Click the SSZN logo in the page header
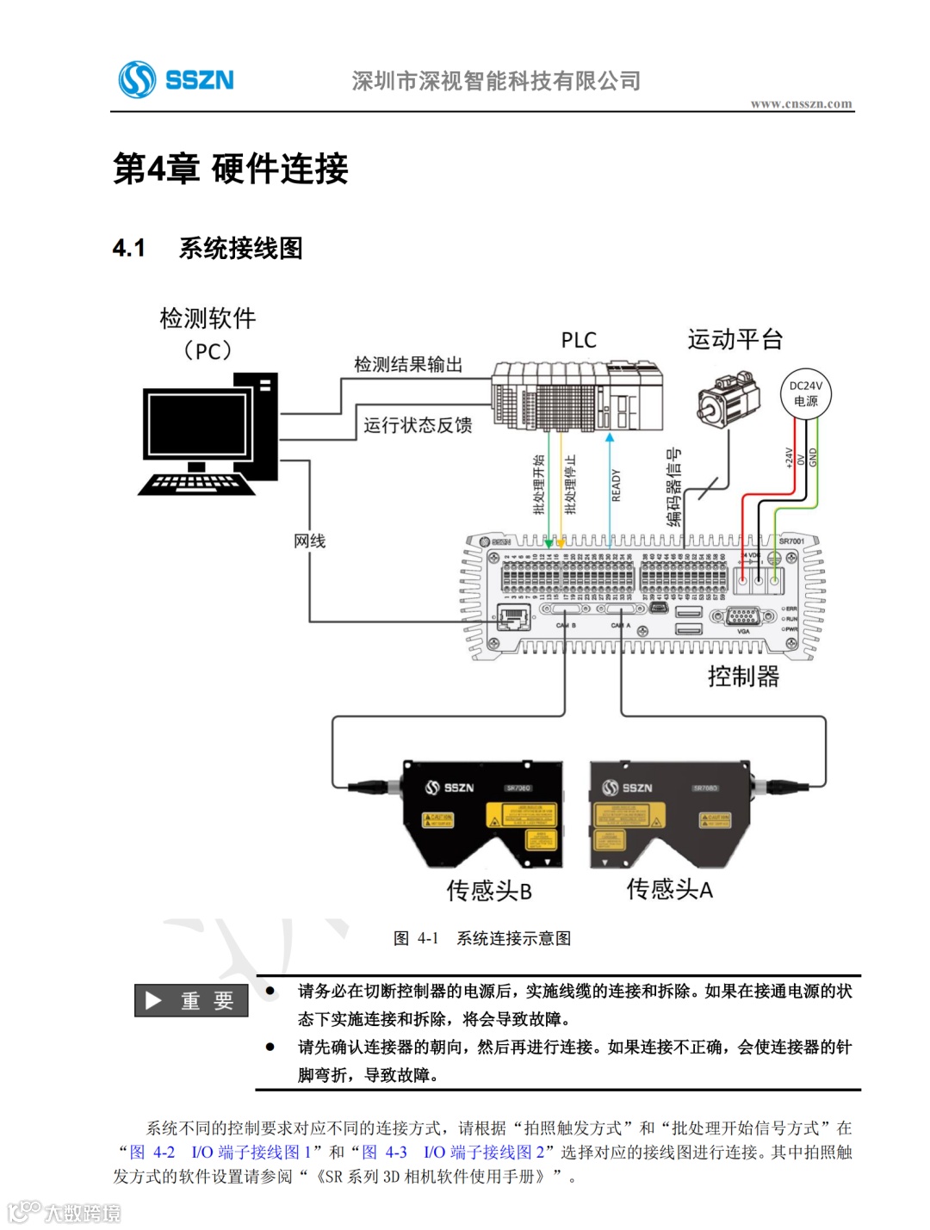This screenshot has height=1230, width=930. pyautogui.click(x=177, y=80)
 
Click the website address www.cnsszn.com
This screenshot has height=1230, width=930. pyautogui.click(x=801, y=104)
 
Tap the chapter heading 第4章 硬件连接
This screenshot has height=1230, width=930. pyautogui.click(x=231, y=169)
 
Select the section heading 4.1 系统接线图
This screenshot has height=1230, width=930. pyautogui.click(x=208, y=249)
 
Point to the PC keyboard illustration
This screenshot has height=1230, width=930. pyautogui.click(x=196, y=485)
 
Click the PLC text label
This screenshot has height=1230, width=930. pyautogui.click(x=579, y=341)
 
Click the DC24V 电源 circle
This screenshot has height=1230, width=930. pyautogui.click(x=806, y=393)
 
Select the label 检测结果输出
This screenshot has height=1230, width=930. pyautogui.click(x=408, y=365)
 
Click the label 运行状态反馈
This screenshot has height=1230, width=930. pyautogui.click(x=418, y=425)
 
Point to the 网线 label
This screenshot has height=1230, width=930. pyautogui.click(x=310, y=541)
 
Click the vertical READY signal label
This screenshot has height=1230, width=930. pyautogui.click(x=616, y=485)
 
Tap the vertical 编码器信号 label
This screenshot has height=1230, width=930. pyautogui.click(x=673, y=487)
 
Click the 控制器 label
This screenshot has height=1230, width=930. pyautogui.click(x=743, y=677)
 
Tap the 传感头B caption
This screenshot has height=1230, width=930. pyautogui.click(x=489, y=890)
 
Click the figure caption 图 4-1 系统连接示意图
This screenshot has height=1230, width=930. pyautogui.click(x=482, y=938)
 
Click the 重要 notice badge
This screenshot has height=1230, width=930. pyautogui.click(x=191, y=1000)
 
